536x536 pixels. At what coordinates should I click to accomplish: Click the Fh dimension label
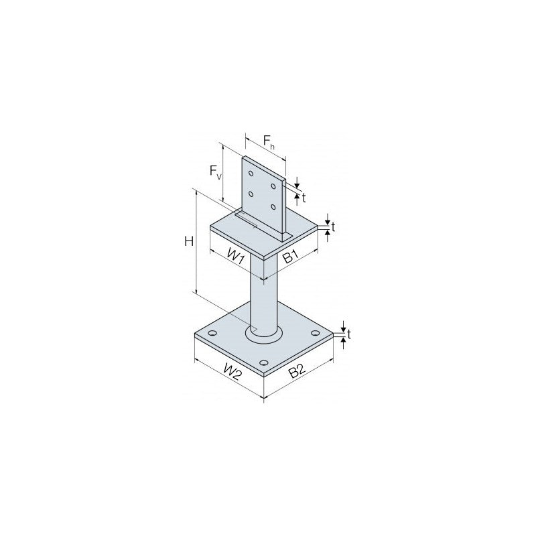click(x=269, y=141)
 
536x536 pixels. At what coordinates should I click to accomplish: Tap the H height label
click(x=189, y=241)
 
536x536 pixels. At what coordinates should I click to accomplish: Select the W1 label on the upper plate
click(x=236, y=257)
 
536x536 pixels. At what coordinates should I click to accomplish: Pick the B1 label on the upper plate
click(x=291, y=256)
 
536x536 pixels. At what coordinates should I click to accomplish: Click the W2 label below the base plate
click(x=232, y=372)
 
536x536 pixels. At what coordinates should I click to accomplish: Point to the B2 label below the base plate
click(x=297, y=371)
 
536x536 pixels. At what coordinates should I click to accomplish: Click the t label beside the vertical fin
click(x=304, y=198)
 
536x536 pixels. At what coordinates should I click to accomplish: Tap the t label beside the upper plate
click(x=333, y=226)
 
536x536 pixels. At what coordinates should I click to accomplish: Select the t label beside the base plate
click(x=348, y=334)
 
